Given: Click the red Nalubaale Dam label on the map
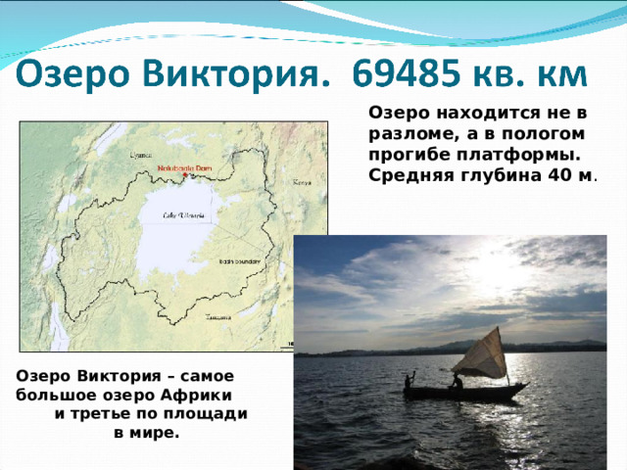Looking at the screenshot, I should pos(185,168).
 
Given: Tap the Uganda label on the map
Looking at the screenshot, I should pos(143,154).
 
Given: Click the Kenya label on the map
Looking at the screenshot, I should pos(302,182).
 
